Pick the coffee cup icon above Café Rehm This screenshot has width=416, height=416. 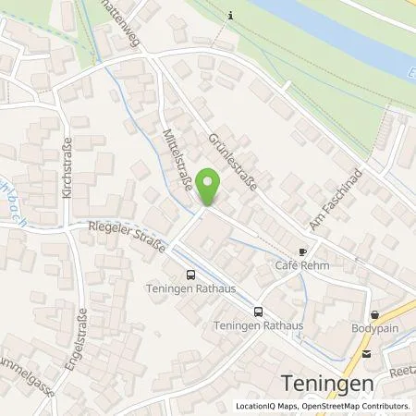coord(301,251)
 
